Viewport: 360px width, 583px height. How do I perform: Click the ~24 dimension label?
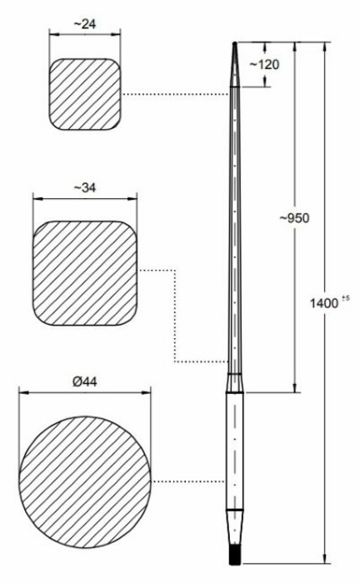pyautogui.click(x=85, y=24)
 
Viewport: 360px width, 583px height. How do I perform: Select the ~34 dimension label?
pyautogui.click(x=84, y=187)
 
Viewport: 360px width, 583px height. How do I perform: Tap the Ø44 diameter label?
pyautogui.click(x=85, y=381)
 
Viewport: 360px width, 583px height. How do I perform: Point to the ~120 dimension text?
pyautogui.click(x=264, y=64)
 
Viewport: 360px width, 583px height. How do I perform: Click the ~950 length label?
pyautogui.click(x=294, y=218)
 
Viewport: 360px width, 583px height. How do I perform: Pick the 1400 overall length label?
pyautogui.click(x=324, y=303)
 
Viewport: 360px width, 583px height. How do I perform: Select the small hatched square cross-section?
pyautogui.click(x=85, y=94)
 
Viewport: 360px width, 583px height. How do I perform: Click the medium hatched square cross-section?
pyautogui.click(x=85, y=273)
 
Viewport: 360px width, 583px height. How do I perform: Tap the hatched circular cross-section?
pyautogui.click(x=85, y=482)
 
